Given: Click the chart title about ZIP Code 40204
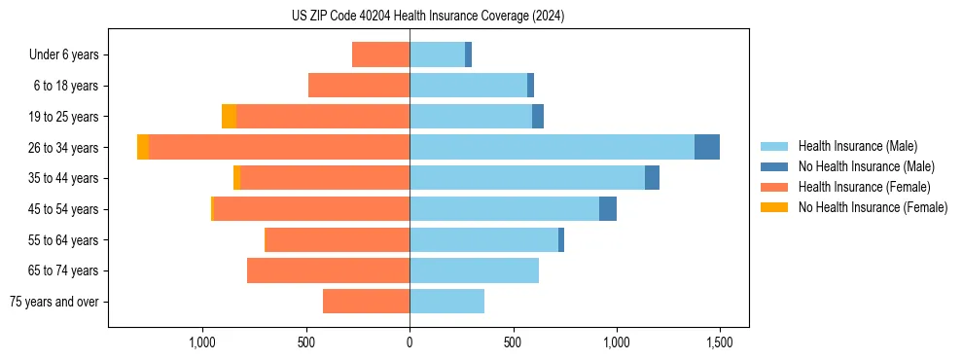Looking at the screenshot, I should [428, 17].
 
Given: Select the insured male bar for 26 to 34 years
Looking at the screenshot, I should [552, 147].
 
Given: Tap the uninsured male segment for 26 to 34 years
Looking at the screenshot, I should [707, 147].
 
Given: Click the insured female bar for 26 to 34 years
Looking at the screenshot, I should [279, 147].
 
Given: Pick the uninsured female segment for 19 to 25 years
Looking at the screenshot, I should [229, 117].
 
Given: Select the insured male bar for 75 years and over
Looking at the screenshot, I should [446, 302].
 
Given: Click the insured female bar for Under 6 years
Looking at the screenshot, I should [380, 54].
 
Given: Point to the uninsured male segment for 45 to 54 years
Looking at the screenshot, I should [608, 209].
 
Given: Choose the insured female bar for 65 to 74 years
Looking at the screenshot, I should [328, 270].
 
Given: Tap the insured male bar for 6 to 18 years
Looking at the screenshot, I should [468, 86].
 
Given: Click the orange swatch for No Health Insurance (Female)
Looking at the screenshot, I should [774, 207].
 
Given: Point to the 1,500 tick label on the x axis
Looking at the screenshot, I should [720, 342].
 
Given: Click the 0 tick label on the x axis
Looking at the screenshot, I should [410, 342].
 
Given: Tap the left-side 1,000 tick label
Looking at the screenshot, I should [202, 342].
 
